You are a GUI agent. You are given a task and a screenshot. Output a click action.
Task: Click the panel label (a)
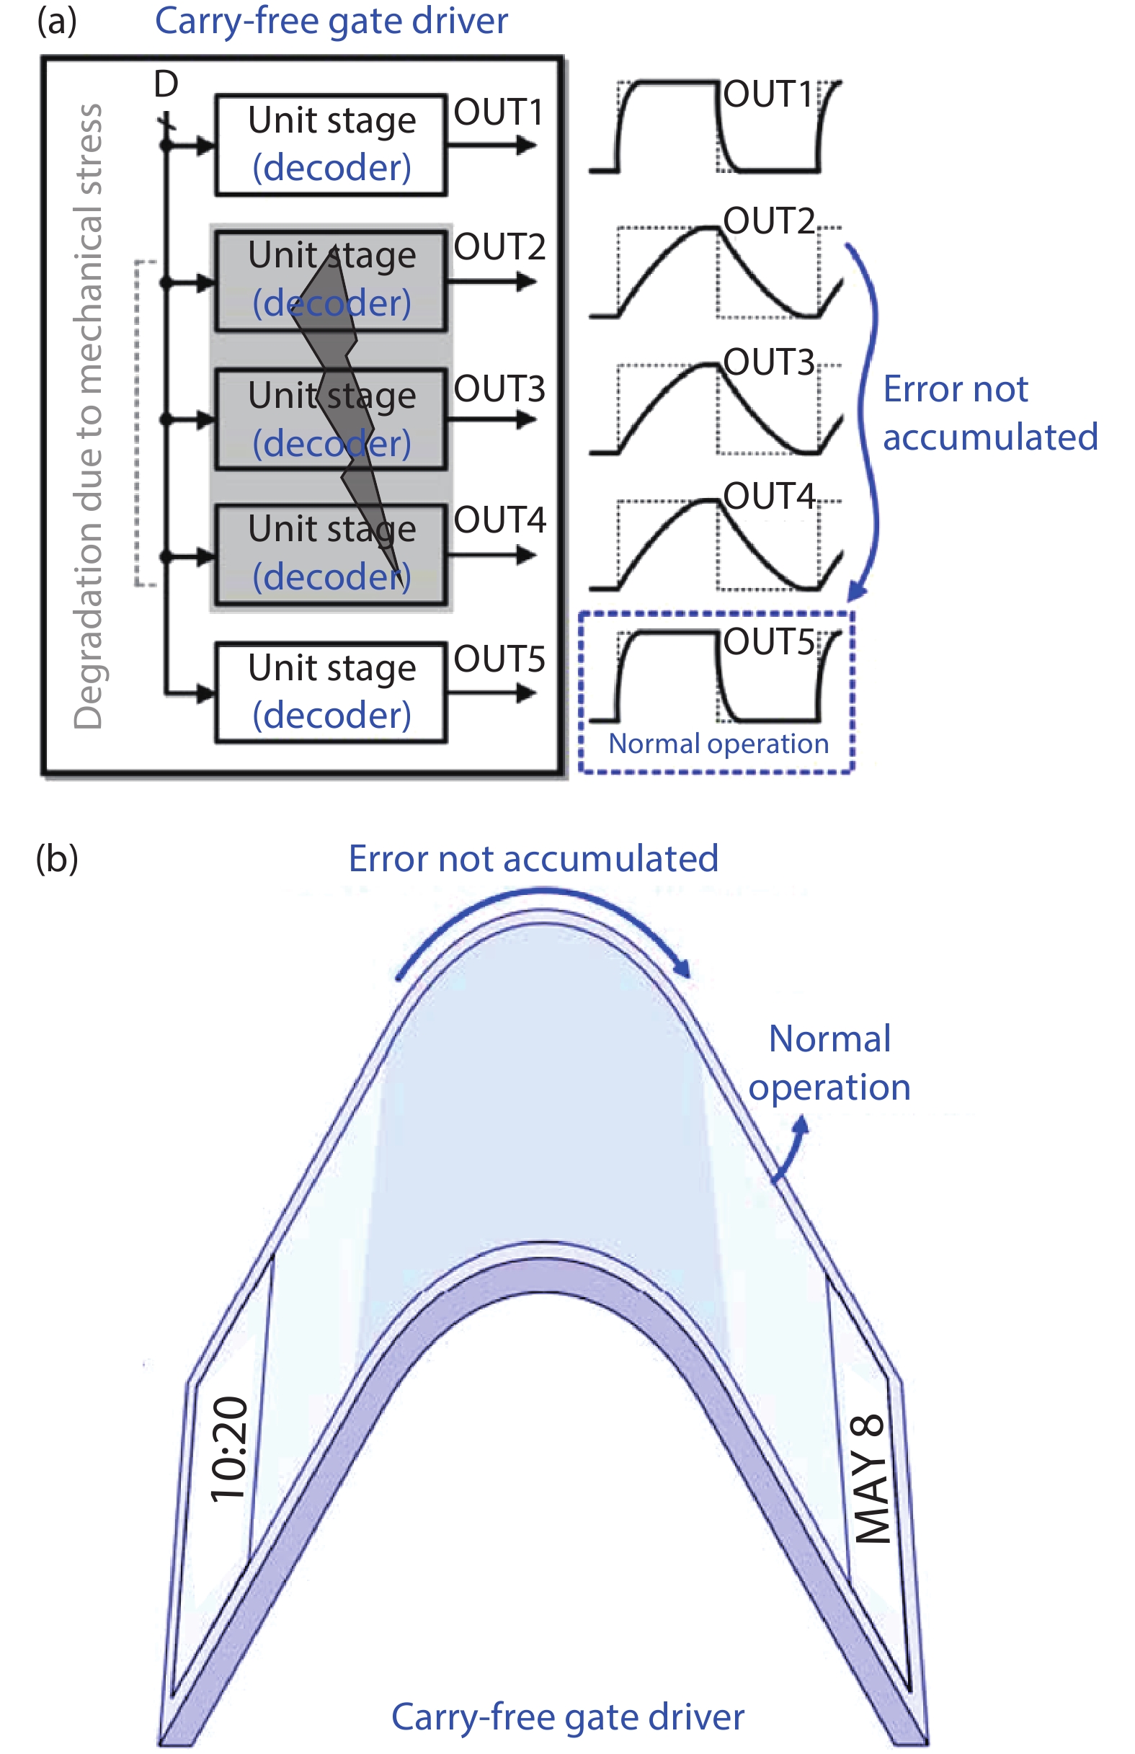click(57, 21)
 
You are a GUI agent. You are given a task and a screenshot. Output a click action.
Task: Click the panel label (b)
click(57, 858)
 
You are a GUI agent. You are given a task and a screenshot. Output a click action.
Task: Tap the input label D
click(166, 84)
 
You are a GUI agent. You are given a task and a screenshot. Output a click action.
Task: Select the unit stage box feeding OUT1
click(331, 144)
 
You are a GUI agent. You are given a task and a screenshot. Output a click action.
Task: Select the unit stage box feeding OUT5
click(331, 692)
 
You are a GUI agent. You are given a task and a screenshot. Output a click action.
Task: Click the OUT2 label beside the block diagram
click(499, 247)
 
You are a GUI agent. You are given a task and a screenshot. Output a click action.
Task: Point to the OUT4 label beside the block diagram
click(499, 520)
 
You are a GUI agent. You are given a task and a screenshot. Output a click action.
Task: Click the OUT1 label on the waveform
click(768, 94)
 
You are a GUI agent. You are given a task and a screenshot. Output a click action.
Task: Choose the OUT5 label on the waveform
click(768, 642)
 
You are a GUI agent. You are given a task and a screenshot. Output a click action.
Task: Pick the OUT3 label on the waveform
click(768, 362)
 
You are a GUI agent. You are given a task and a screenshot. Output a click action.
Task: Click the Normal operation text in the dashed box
click(718, 744)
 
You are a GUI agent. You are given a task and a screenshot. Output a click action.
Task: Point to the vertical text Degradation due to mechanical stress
click(89, 417)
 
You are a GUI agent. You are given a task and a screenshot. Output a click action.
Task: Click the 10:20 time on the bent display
click(229, 1448)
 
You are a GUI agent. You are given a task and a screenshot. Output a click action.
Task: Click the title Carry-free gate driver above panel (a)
click(331, 21)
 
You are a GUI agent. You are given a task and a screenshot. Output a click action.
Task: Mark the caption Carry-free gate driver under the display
click(568, 1717)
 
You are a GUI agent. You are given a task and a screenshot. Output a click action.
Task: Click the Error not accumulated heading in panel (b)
click(533, 858)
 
